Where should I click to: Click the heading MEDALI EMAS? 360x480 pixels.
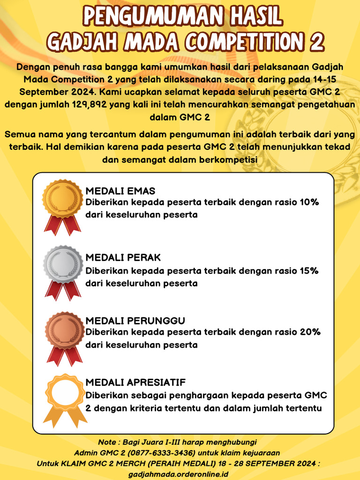[x=120, y=191]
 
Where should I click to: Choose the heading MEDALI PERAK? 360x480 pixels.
[x=123, y=258]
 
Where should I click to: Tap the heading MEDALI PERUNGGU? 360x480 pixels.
[x=135, y=321]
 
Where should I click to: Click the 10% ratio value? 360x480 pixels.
[x=309, y=202]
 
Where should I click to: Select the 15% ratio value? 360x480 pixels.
[x=309, y=270]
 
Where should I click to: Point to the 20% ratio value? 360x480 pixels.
[x=309, y=332]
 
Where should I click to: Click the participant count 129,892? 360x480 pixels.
[x=76, y=104]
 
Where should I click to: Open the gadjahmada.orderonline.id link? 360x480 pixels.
[x=178, y=474]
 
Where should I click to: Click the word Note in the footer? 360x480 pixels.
[x=107, y=442]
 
